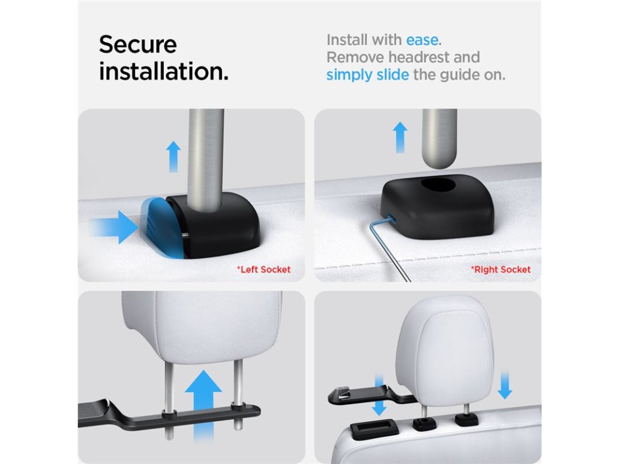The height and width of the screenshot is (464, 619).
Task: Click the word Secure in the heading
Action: click(138, 44)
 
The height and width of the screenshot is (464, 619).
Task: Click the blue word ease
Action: click(422, 40)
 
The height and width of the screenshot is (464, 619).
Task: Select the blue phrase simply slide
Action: click(367, 74)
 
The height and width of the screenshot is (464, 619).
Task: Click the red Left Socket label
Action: click(264, 269)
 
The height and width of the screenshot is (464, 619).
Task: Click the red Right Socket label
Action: click(501, 269)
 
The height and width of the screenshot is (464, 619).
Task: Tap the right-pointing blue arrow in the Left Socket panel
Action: click(114, 227)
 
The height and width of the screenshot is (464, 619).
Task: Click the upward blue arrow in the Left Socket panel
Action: click(173, 156)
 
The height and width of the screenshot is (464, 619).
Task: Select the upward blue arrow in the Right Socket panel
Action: click(400, 137)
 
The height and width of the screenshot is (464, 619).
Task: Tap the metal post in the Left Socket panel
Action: click(206, 159)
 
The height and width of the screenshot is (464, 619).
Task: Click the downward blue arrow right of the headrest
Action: click(505, 385)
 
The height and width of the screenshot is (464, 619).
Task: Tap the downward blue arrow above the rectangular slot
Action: click(379, 396)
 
